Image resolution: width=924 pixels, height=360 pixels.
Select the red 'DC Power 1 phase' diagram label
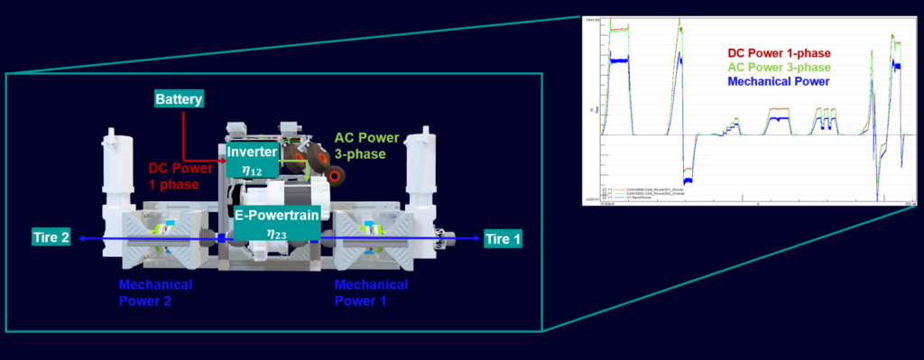point(181,175)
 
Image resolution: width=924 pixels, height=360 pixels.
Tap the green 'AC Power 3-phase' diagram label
point(366,146)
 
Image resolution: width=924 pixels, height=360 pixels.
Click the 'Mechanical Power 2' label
point(154,292)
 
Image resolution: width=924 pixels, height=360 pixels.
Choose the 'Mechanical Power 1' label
point(371,292)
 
